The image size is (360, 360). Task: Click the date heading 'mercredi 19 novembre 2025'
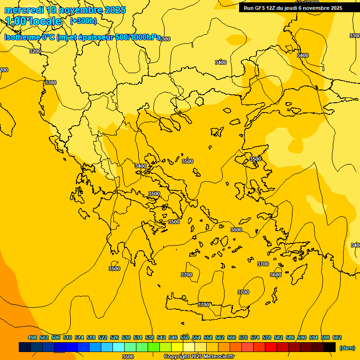(x=65, y=10)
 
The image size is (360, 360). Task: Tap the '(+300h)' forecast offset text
(x=83, y=21)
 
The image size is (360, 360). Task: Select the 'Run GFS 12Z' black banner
(x=293, y=7)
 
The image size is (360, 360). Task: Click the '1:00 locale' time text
(x=33, y=21)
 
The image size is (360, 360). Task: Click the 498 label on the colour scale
(x=32, y=337)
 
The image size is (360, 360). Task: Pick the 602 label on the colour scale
(x=337, y=337)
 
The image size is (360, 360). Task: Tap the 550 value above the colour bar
(x=185, y=337)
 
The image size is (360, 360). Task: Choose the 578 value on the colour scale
(x=267, y=337)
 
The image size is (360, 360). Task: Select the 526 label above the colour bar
(x=114, y=337)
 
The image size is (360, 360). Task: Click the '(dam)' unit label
(x=347, y=348)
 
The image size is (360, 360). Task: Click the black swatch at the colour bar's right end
(x=330, y=347)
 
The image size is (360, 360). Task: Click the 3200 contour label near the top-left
(x=35, y=51)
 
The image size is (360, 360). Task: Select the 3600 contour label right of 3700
(x=276, y=275)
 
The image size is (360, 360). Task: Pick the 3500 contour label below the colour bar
(x=127, y=357)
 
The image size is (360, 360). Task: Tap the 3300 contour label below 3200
(x=51, y=82)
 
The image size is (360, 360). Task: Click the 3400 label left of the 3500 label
(x=141, y=166)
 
